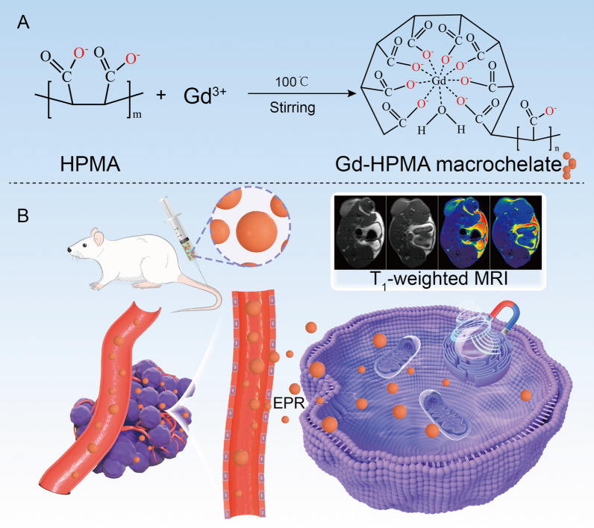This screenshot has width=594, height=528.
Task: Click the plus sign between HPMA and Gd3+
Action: tap(160, 97)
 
